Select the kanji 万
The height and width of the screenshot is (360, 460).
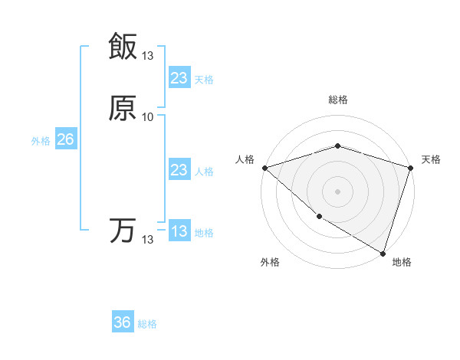123,231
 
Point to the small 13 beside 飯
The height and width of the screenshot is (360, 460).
147,56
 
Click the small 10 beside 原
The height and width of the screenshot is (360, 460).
147,117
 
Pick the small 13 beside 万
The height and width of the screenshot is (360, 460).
147,240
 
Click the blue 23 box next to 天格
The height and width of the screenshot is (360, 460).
179,78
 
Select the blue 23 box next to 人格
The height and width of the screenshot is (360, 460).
179,170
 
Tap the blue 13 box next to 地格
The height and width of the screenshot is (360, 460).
179,231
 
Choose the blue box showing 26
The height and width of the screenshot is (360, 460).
65,139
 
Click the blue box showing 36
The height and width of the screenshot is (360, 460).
123,322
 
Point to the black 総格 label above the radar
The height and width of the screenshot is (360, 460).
337,100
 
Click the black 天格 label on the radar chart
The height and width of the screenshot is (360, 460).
431,159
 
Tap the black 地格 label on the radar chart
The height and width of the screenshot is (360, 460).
402,262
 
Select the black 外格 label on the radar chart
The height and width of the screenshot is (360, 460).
270,262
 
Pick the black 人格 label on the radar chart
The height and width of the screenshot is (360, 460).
245,159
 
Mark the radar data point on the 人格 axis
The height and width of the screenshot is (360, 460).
264,168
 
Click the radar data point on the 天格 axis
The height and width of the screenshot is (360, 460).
410,168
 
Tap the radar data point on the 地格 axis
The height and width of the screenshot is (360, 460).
383,252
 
